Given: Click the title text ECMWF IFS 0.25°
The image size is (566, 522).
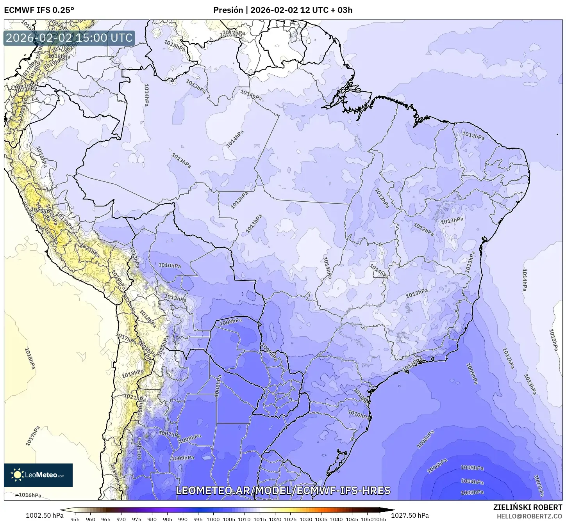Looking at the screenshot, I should pos(39,10).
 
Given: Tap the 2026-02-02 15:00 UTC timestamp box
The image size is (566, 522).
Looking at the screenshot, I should pos(70,38).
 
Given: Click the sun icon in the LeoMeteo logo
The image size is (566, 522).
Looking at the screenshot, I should pos(17,475).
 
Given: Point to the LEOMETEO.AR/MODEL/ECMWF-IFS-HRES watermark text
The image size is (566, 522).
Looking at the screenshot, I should pos(283,490).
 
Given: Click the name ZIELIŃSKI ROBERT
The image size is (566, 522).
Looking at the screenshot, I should pos(528,507).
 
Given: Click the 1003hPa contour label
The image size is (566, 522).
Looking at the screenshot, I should pos(472,492).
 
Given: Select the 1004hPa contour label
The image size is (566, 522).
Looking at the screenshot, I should pos(472,481).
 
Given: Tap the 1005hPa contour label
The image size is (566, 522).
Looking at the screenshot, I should pos(472,468).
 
